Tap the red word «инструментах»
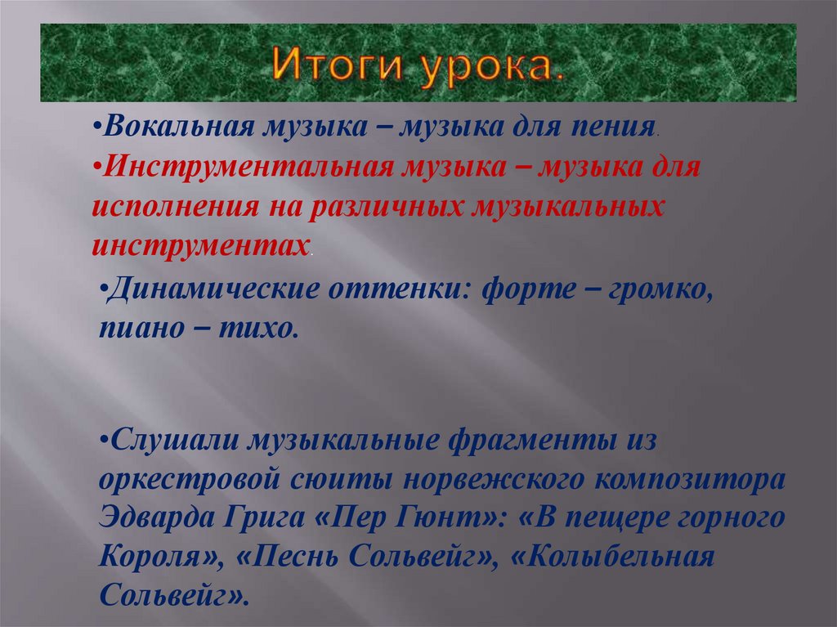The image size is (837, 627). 200,243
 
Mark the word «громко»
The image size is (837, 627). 660,292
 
